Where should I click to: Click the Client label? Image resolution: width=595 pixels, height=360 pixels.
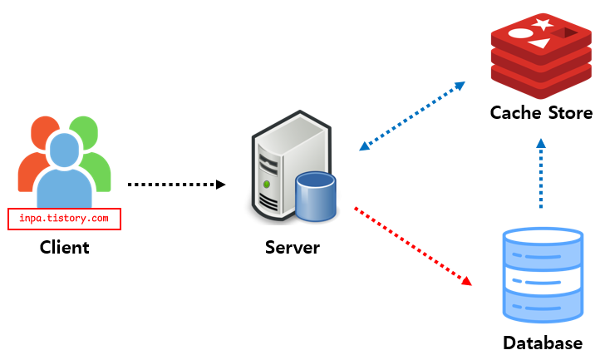pyautogui.click(x=65, y=247)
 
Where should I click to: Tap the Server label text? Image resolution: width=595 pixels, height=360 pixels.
pyautogui.click(x=293, y=247)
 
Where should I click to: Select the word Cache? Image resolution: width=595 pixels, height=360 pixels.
pyautogui.click(x=516, y=113)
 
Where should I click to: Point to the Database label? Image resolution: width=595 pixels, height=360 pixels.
pyautogui.click(x=543, y=343)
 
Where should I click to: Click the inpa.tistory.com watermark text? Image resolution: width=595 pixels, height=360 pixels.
pyautogui.click(x=64, y=219)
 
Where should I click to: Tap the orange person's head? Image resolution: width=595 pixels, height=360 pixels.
pyautogui.click(x=44, y=131)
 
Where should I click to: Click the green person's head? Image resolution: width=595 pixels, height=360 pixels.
pyautogui.click(x=85, y=131)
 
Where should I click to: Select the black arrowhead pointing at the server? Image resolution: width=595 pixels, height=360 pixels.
pyautogui.click(x=220, y=185)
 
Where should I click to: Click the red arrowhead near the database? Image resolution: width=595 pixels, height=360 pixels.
pyautogui.click(x=467, y=281)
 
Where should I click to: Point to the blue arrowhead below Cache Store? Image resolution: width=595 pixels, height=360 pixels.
pyautogui.click(x=541, y=143)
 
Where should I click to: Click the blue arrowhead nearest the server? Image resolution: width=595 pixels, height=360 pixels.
pyautogui.click(x=365, y=145)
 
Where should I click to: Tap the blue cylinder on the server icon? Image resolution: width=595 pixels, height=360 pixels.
pyautogui.click(x=316, y=196)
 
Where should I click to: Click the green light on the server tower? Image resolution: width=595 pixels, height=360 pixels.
pyautogui.click(x=267, y=185)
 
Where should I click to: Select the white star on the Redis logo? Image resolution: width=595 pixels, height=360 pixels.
pyautogui.click(x=543, y=24)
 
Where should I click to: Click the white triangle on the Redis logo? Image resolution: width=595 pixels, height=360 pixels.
pyautogui.click(x=540, y=43)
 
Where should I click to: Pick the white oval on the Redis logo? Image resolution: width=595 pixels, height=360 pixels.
pyautogui.click(x=521, y=33)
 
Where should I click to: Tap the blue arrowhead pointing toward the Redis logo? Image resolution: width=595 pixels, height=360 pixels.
pyautogui.click(x=460, y=86)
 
